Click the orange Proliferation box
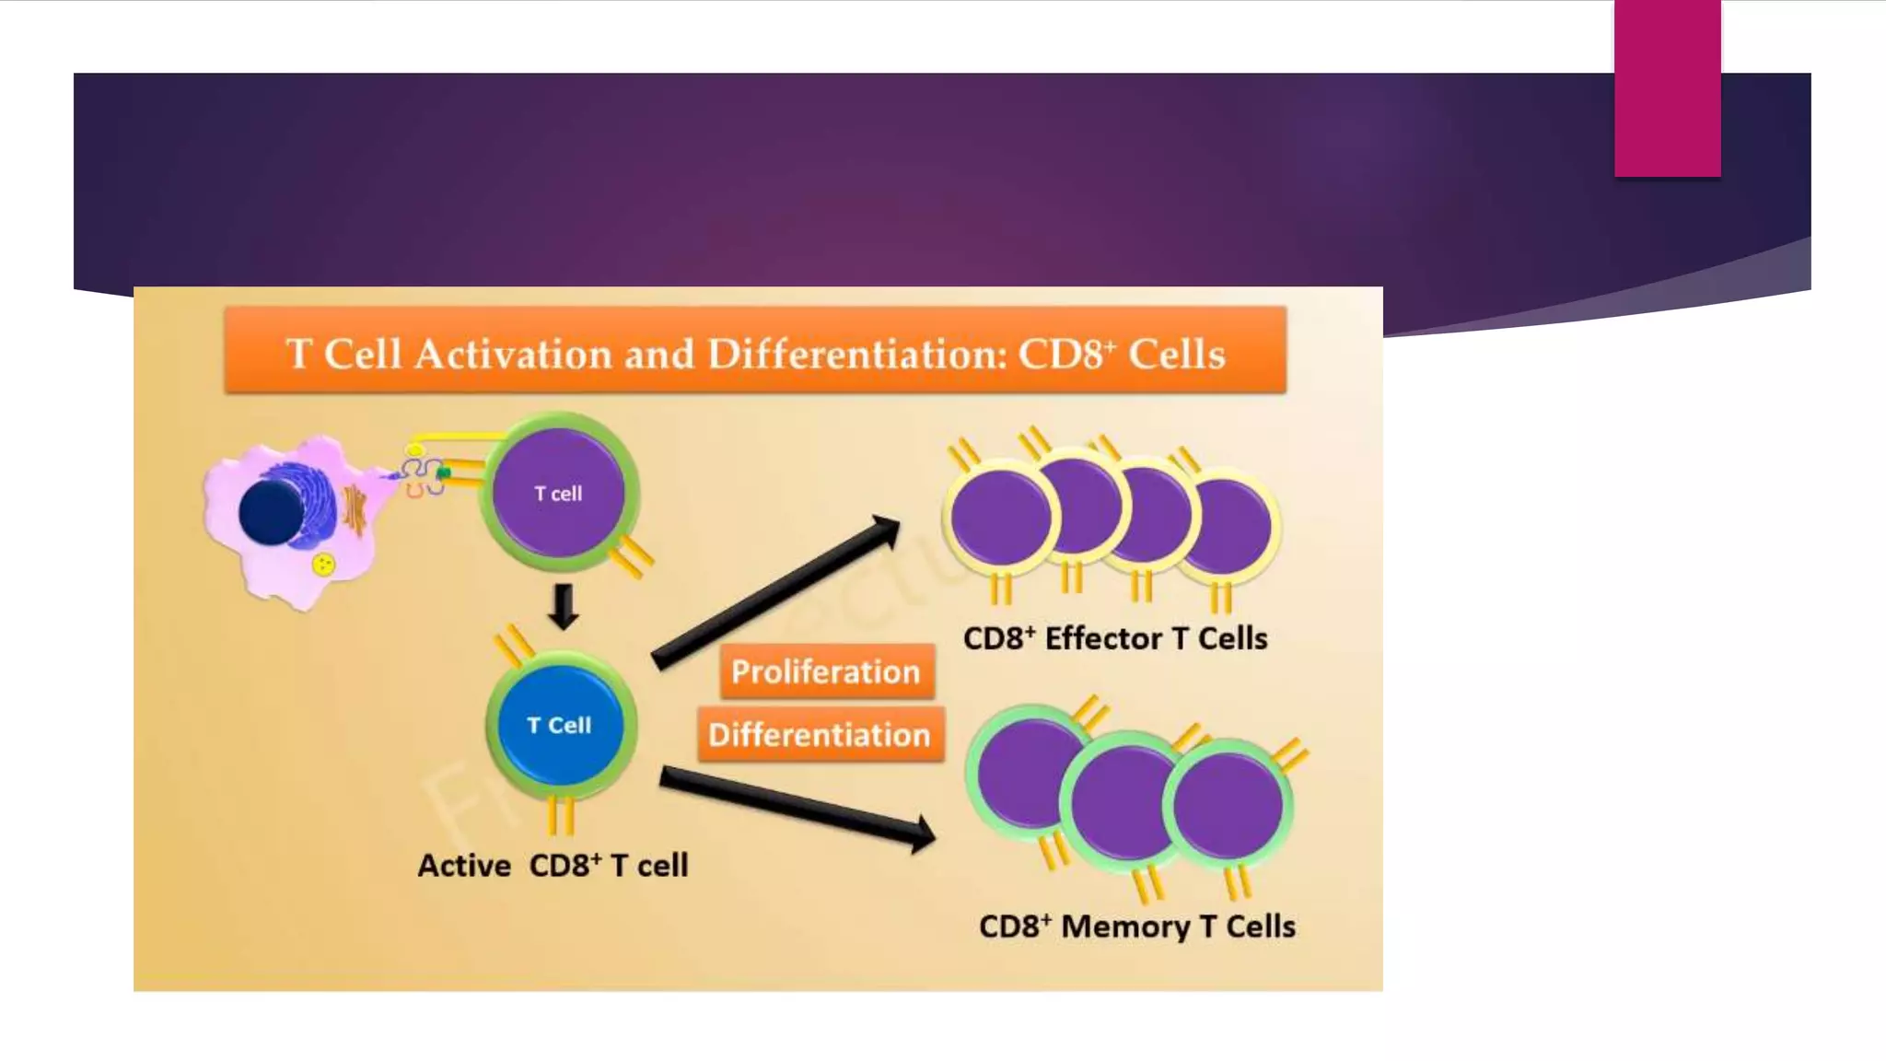pos(826,671)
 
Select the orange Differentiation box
pos(820,735)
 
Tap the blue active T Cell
pos(560,726)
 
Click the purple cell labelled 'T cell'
pos(558,494)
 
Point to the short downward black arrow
pos(563,606)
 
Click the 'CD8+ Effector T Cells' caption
pos(1115,638)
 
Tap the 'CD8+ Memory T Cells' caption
pos(1136,926)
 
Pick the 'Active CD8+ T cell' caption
pos(553,866)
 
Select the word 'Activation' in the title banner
pos(513,355)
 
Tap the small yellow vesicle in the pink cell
pos(323,564)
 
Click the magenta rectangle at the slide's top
pos(1667,87)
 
